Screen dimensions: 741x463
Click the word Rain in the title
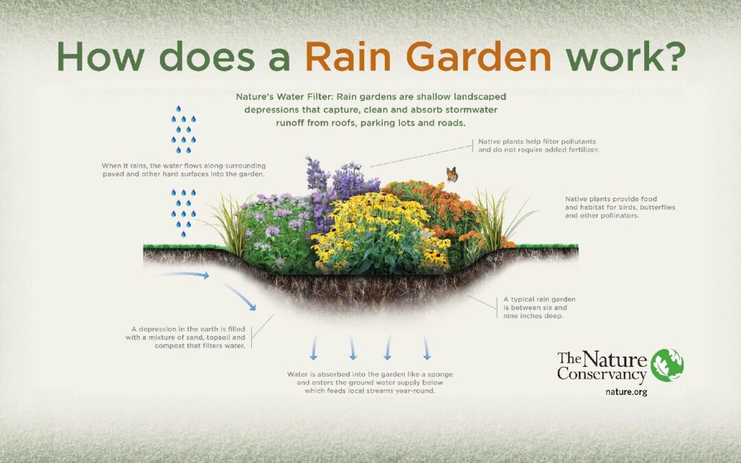[x=348, y=56]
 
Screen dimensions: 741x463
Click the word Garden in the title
[x=478, y=56]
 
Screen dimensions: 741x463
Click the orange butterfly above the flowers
[x=452, y=174]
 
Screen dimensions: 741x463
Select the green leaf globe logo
[x=667, y=365]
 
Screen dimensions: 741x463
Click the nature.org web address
[x=626, y=392]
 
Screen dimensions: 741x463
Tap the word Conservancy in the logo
[x=602, y=375]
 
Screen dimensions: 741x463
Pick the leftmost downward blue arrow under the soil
[x=313, y=348]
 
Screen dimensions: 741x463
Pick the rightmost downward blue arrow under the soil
[x=426, y=348]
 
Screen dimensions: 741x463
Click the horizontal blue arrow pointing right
[x=184, y=274]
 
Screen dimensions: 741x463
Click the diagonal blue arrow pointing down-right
[x=239, y=297]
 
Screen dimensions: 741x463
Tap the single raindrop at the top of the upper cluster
[x=178, y=109]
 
